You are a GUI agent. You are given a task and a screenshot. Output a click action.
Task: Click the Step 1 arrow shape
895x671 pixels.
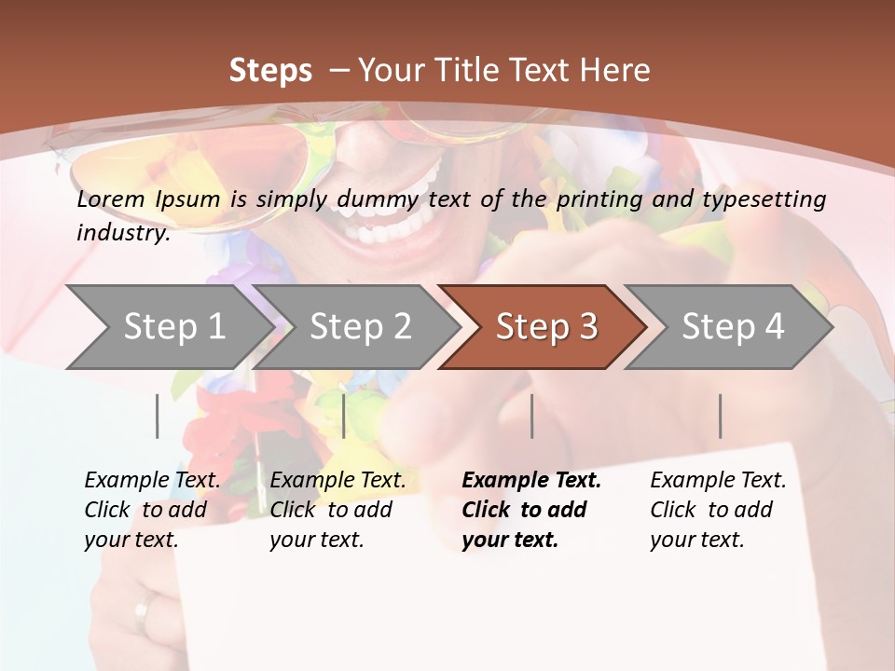click(168, 327)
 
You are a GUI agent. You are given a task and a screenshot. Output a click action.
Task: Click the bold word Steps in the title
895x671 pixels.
click(270, 71)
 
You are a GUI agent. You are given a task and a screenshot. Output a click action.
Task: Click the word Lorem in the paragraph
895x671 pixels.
click(111, 199)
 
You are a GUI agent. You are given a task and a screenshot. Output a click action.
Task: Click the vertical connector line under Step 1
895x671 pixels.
click(157, 416)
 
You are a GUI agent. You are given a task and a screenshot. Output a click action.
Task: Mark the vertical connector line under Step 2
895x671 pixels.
click(344, 416)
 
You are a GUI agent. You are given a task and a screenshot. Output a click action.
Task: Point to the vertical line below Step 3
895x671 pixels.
click(531, 416)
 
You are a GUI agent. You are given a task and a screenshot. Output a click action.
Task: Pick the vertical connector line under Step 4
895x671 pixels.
click(721, 416)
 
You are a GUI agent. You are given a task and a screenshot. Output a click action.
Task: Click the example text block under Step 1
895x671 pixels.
click(152, 510)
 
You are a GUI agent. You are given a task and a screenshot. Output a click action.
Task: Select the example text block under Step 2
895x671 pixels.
click(337, 510)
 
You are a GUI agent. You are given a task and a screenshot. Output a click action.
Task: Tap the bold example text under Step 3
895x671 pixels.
click(530, 510)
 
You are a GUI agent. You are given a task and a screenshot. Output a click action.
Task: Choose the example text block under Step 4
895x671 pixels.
click(718, 510)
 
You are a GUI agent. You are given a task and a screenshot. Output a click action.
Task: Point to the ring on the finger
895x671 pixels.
click(143, 610)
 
